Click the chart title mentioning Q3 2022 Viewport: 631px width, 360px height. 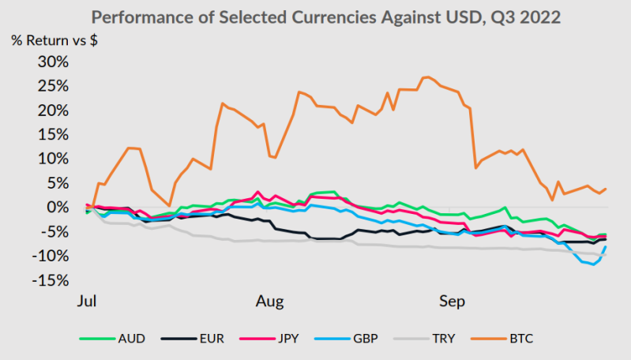point(326,17)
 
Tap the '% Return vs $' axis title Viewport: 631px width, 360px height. point(54,40)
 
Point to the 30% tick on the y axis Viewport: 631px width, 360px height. point(53,62)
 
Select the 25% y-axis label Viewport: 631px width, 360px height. point(53,86)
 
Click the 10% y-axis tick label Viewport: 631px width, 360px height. point(53,159)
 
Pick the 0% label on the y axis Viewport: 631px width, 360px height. point(57,208)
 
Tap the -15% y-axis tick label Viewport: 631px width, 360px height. point(51,280)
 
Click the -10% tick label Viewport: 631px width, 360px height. point(51,256)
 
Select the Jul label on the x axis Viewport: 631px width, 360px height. point(87,301)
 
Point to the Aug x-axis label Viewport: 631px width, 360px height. point(269,302)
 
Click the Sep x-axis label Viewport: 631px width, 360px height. point(452,302)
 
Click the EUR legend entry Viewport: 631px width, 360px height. point(193,339)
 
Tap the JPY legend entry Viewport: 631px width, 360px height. point(269,339)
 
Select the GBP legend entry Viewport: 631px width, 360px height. point(347,339)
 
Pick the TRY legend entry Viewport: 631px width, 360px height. point(424,339)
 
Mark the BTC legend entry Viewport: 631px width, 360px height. point(501,339)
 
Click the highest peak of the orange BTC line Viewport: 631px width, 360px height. point(427,77)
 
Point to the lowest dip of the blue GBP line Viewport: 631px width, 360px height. point(593,264)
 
